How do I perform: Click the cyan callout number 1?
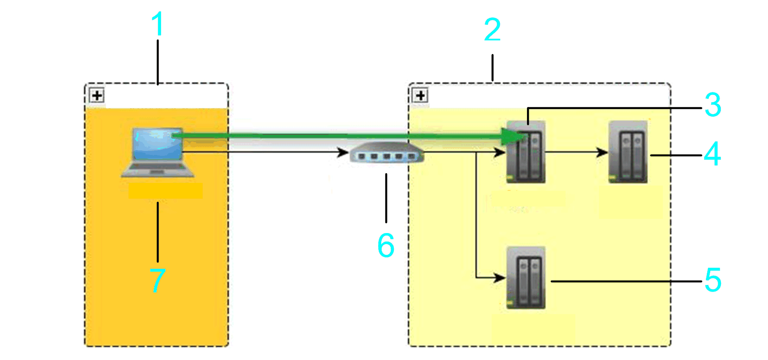tap(158, 24)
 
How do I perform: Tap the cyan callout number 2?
tap(492, 30)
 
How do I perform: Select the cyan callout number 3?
tap(713, 105)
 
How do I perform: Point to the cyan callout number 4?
tap(712, 154)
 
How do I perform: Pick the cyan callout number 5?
tap(713, 280)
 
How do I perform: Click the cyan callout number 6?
tap(386, 245)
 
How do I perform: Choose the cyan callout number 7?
tap(158, 281)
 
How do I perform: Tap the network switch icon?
tap(387, 153)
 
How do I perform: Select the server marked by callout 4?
tap(628, 152)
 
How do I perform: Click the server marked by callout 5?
tap(526, 278)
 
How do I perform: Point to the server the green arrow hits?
tap(526, 152)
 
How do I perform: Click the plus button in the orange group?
tap(97, 95)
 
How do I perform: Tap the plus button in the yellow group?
tap(420, 95)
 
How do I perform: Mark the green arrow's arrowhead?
tap(513, 136)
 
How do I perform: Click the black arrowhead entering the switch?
tap(343, 153)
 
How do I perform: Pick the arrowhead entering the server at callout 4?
tap(602, 153)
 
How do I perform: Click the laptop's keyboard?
tap(158, 169)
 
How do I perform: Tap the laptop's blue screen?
tap(158, 143)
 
